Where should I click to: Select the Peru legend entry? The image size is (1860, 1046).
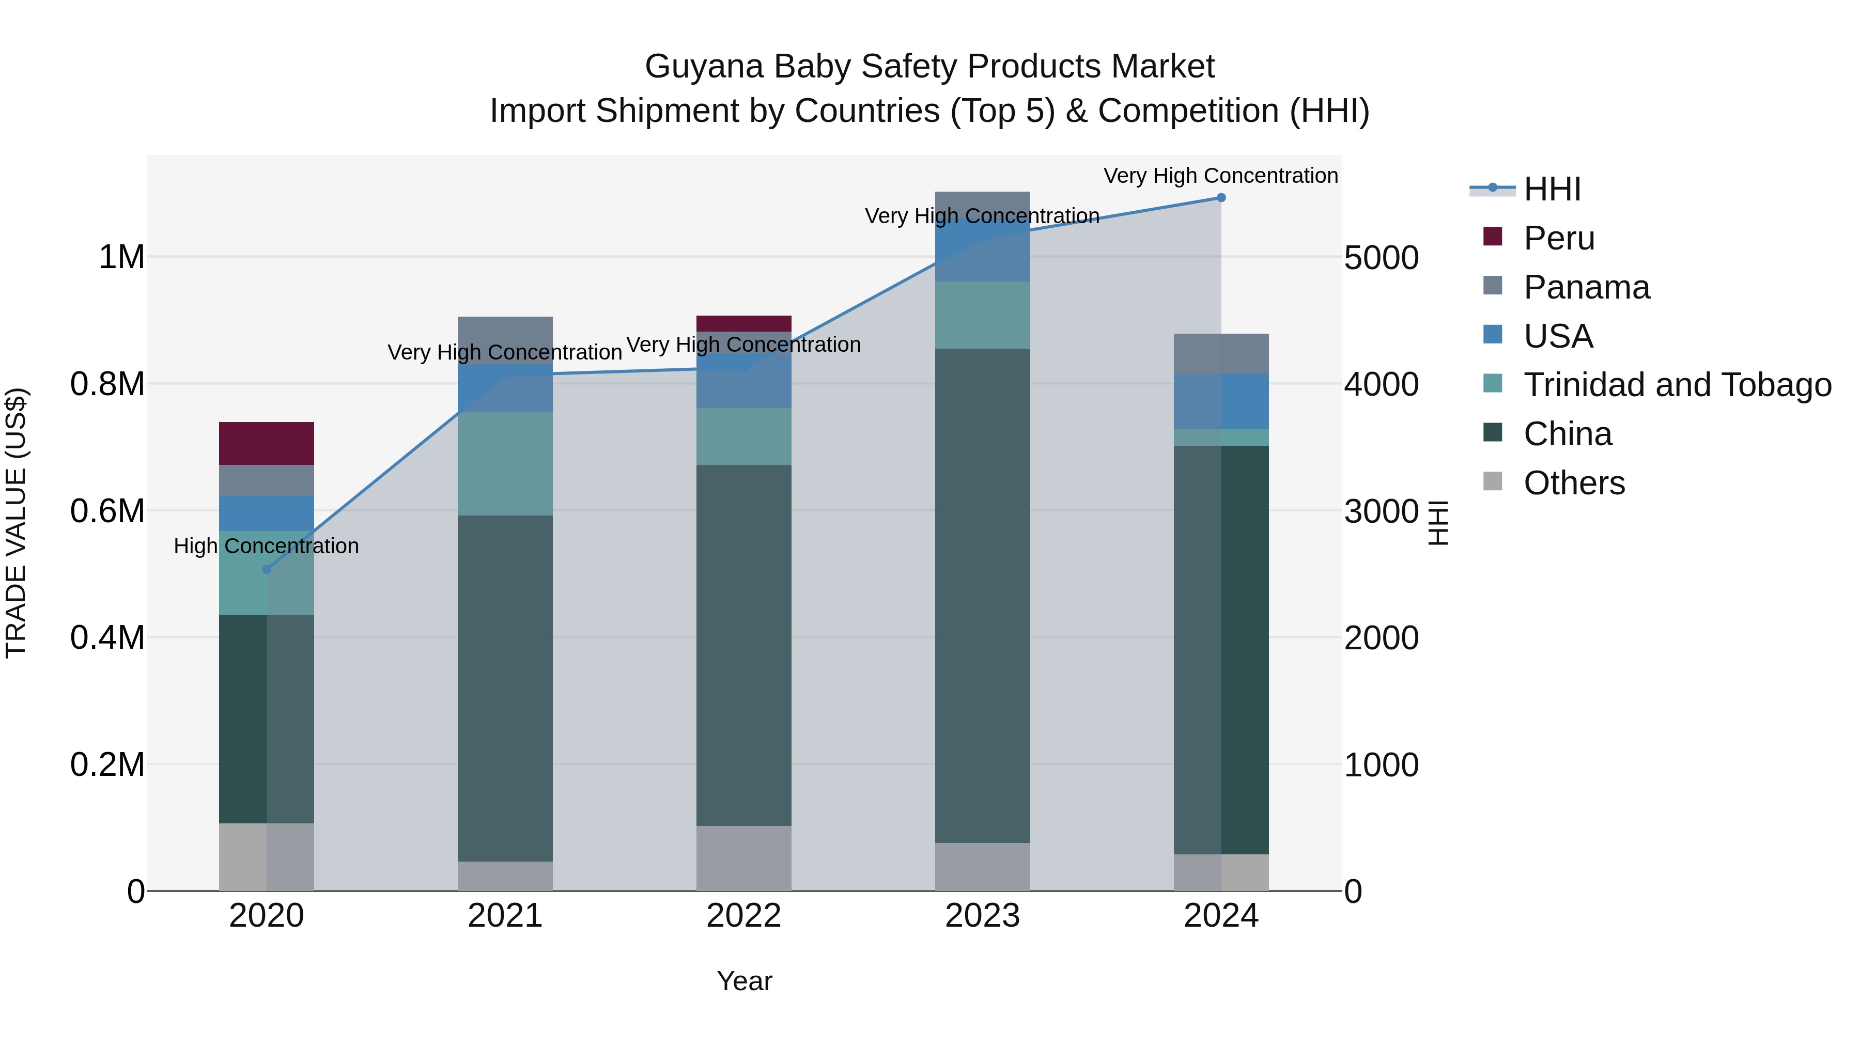(x=1558, y=238)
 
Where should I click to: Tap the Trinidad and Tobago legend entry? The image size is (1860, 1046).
(x=1677, y=385)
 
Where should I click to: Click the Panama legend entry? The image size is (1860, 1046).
(x=1586, y=287)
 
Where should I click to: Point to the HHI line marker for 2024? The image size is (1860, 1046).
(x=1221, y=198)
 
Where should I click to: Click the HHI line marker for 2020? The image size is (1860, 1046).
(x=267, y=570)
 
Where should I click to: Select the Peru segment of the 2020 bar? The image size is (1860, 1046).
(x=267, y=443)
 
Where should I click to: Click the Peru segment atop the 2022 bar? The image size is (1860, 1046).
(x=743, y=323)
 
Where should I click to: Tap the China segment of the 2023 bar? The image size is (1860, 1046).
(x=982, y=596)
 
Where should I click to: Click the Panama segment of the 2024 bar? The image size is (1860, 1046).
(x=1221, y=354)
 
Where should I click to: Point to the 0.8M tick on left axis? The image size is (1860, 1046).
(x=107, y=384)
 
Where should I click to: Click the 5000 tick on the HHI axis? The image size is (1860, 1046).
(x=1381, y=258)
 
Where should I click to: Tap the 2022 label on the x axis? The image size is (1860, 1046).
(x=743, y=916)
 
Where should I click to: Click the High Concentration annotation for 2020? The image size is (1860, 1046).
(x=267, y=546)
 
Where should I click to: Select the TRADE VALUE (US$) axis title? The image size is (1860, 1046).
(x=16, y=523)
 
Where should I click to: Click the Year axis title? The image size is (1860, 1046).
(x=745, y=981)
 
